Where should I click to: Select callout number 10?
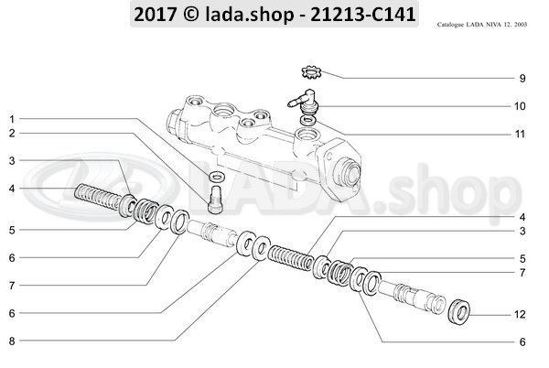click(520, 106)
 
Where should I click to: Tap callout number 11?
click(520, 135)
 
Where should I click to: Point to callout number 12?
click(520, 316)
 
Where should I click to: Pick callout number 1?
click(13, 119)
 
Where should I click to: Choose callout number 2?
click(13, 134)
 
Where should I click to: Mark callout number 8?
click(13, 341)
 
